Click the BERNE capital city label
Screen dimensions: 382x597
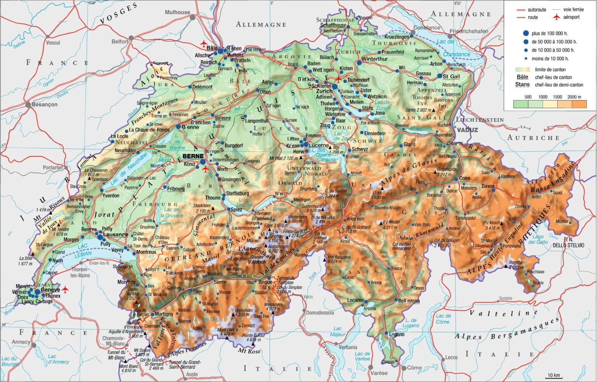(193, 156)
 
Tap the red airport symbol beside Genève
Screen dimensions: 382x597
(65, 290)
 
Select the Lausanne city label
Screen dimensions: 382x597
(115, 234)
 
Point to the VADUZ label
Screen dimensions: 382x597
(467, 130)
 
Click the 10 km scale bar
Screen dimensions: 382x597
(553, 375)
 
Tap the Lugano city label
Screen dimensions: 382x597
(396, 334)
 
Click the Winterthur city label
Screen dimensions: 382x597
(374, 59)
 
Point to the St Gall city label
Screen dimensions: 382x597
(451, 76)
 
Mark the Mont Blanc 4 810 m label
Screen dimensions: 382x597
(128, 368)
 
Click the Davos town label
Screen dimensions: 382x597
(488, 186)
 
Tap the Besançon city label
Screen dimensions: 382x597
(44, 104)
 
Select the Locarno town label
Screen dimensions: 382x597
(355, 300)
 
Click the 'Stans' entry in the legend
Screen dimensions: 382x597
(522, 85)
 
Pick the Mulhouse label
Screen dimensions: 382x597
(177, 12)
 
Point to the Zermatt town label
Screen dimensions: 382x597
(248, 325)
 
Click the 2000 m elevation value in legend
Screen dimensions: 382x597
(574, 97)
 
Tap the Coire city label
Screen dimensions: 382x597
(464, 178)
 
